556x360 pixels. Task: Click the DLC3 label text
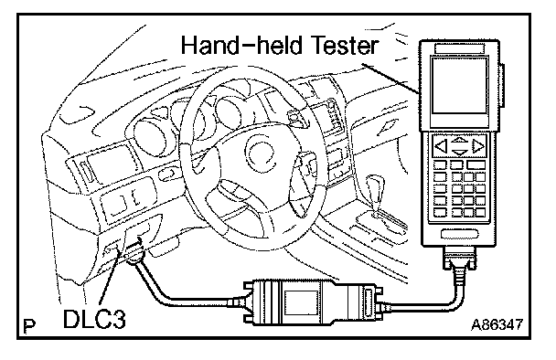coord(94,319)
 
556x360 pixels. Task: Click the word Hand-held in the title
coord(241,46)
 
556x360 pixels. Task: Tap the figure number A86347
coord(497,324)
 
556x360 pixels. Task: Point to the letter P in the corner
coord(29,326)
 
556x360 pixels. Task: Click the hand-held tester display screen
coord(460,86)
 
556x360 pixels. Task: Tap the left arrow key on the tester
coord(441,146)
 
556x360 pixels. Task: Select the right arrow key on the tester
coord(478,146)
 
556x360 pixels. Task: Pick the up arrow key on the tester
coord(460,140)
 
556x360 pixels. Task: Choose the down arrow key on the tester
coord(460,153)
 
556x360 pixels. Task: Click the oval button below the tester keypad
coord(460,234)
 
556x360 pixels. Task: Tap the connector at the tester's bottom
coord(460,258)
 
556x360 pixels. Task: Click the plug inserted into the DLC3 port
coord(134,252)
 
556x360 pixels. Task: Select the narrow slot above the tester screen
coord(460,48)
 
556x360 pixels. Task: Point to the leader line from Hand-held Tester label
coord(390,78)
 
